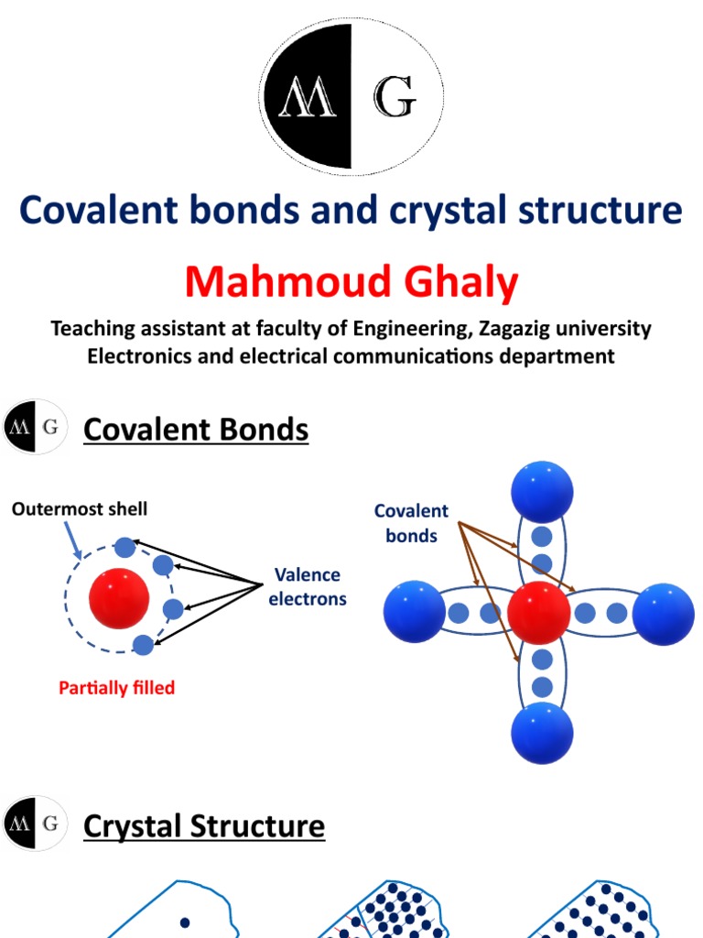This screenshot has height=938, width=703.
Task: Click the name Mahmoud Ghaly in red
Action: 351,283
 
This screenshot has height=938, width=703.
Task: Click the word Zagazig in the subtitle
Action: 506,328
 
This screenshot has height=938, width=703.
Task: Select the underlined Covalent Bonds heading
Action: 196,429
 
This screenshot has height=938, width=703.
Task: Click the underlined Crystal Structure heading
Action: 203,825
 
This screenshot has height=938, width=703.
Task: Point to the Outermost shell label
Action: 80,508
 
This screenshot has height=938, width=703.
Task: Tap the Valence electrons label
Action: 308,587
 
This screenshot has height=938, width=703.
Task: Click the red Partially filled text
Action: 116,687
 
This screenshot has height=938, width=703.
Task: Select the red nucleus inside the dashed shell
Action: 119,599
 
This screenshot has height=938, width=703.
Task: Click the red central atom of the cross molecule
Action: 539,613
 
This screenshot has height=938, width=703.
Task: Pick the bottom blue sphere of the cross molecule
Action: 542,733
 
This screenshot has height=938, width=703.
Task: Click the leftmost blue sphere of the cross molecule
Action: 415,613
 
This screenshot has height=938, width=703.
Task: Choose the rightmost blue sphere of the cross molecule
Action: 663,614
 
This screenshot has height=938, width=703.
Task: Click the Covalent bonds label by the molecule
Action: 411,523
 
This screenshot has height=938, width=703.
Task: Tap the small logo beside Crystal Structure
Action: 36,825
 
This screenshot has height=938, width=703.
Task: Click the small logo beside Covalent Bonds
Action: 36,427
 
